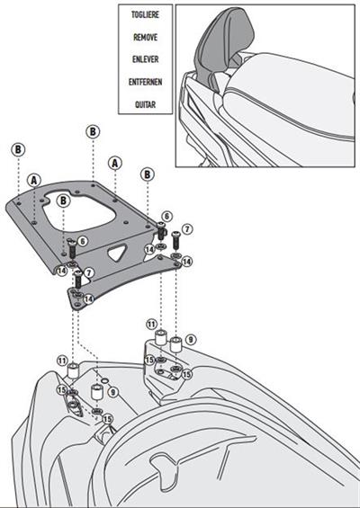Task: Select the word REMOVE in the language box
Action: pos(144,40)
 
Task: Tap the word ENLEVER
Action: pos(144,60)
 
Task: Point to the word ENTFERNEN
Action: pos(144,82)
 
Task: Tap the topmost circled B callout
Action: pos(93,131)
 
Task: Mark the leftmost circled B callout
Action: pos(18,149)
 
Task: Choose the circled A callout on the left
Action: pos(33,178)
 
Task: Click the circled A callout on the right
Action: pos(114,163)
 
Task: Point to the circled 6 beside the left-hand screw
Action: pos(82,241)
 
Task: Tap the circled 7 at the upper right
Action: pos(187,231)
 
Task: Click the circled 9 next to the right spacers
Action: pos(191,340)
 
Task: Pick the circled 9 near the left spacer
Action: pos(112,392)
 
